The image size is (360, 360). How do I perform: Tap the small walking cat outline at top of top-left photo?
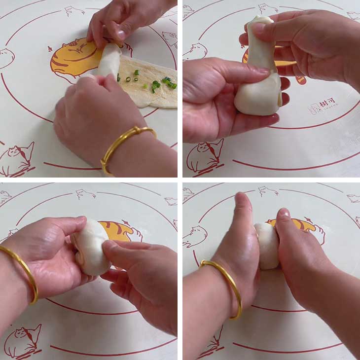[x=74, y=11]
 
